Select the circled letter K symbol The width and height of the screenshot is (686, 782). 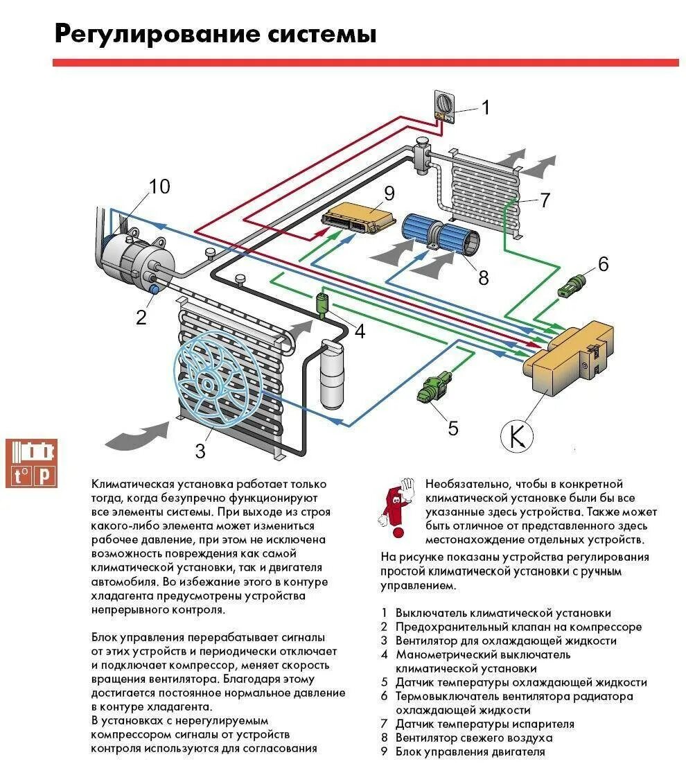pyautogui.click(x=518, y=435)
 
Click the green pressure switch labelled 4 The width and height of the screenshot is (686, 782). pyautogui.click(x=323, y=303)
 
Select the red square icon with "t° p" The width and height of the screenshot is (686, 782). pyautogui.click(x=30, y=463)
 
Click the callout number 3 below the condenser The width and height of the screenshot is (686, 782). pyautogui.click(x=200, y=451)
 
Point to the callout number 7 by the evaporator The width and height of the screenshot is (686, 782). pyautogui.click(x=545, y=200)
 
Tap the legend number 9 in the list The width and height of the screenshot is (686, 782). pyautogui.click(x=384, y=751)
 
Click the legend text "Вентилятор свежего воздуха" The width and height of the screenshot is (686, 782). pyautogui.click(x=474, y=738)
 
